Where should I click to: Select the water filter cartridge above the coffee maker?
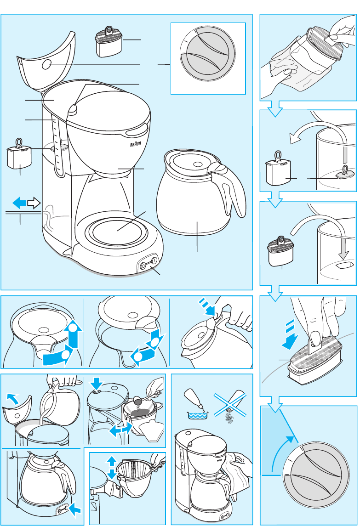point(108,41)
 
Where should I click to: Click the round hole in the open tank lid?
point(46,66)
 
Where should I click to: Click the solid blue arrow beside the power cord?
point(20,202)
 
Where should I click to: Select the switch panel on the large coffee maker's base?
point(149,264)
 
